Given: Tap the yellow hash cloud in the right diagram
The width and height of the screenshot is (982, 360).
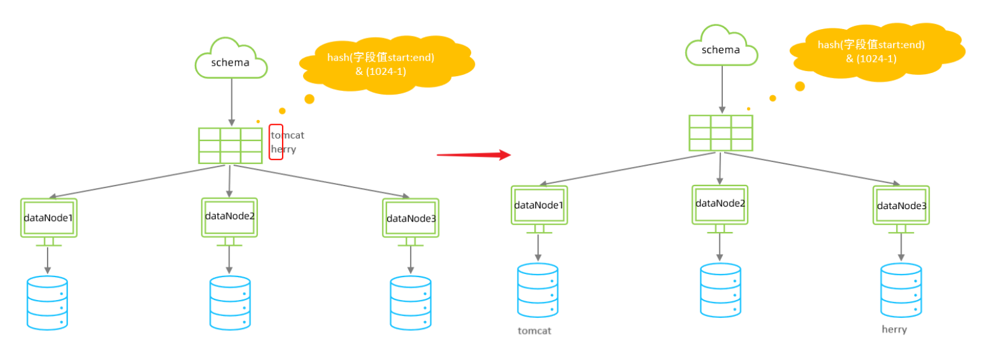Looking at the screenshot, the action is pos(877,52).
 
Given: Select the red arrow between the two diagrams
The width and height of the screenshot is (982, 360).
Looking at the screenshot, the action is pos(474,155).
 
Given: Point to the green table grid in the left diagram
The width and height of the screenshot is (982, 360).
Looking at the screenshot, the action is pos(230,145).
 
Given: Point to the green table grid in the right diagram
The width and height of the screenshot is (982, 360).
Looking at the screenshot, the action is pos(720,133).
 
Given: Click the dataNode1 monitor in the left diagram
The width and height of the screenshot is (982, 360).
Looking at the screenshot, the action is pos(49,222).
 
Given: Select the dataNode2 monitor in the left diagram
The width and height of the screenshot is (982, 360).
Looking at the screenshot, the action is pos(229,222).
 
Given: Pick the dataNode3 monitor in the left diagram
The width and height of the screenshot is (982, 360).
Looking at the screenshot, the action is pos(411,222).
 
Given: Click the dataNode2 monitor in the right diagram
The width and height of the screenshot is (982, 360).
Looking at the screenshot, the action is pos(720,209).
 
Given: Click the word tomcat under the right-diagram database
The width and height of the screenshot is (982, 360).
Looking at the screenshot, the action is pos(534,331).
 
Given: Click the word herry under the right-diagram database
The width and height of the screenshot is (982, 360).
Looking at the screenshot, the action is pos(894,329).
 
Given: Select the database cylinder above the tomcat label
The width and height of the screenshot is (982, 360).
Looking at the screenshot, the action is pos(537,290).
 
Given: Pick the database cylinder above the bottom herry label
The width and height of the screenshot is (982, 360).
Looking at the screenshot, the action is pos(902,290).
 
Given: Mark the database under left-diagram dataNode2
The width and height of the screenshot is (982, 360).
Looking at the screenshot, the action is pos(230,303).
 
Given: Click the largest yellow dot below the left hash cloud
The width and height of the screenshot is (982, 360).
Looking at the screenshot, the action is pos(310,99).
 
